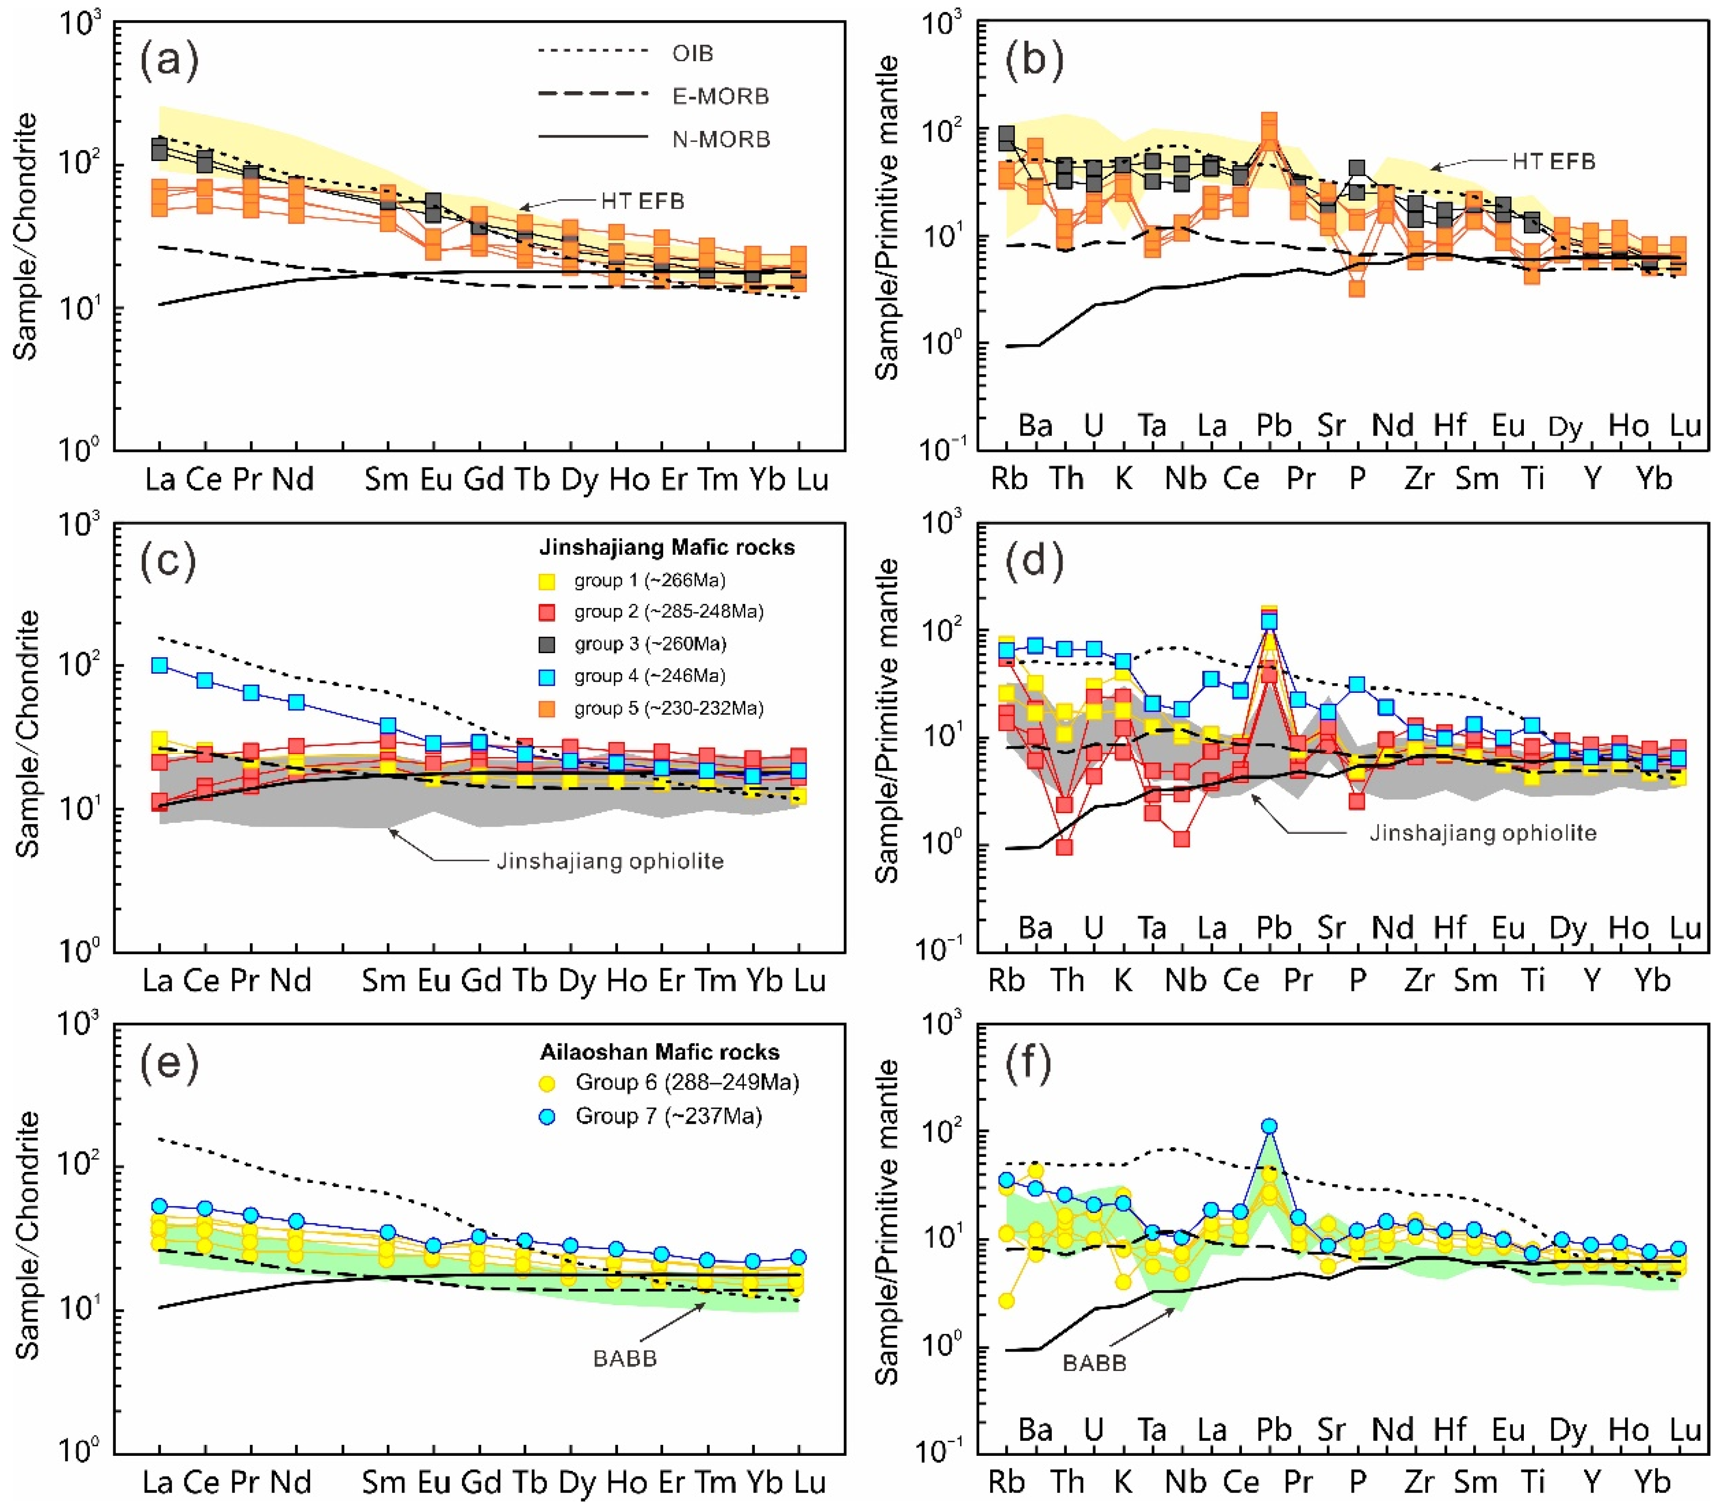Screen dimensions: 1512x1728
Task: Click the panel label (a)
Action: (169, 61)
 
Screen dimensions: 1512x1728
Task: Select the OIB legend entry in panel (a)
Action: (692, 53)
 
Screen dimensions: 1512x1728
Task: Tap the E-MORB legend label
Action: (720, 96)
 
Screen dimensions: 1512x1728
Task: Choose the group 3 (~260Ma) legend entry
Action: (650, 644)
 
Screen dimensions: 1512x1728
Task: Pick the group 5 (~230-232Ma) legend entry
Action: (668, 708)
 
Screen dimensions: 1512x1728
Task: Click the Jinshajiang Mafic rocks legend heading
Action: (667, 548)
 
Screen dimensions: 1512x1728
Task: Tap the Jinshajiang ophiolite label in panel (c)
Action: (609, 861)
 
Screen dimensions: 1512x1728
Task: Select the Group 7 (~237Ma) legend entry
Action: (668, 1116)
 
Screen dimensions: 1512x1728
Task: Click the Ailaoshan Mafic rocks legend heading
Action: (659, 1052)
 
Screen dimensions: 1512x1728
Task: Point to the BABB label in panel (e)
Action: (624, 1358)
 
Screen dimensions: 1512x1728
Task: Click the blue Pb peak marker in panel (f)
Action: (1269, 1126)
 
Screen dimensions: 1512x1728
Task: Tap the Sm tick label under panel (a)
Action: (386, 479)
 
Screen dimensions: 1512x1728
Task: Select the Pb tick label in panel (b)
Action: (1273, 426)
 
